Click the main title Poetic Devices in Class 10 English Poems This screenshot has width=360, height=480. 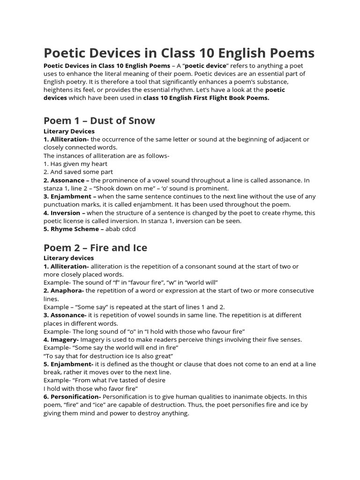pyautogui.click(x=179, y=52)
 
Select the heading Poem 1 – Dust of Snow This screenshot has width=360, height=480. pyautogui.click(x=99, y=120)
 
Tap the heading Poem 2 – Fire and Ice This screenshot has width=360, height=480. pyautogui.click(x=95, y=247)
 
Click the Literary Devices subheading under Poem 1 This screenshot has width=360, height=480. pyautogui.click(x=69, y=131)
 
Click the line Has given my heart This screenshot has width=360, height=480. pyautogui.click(x=75, y=164)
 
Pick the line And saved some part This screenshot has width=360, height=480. pyautogui.click(x=76, y=172)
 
